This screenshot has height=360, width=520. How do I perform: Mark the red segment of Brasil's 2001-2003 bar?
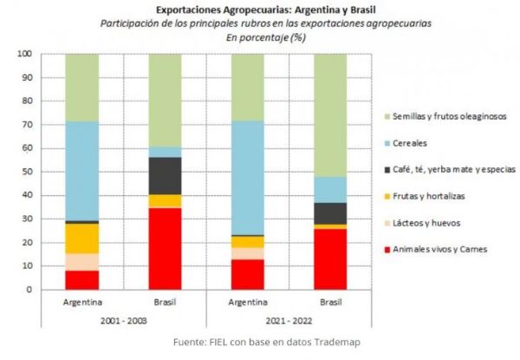click(165, 248)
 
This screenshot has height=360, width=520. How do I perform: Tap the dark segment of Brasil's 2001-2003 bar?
click(165, 175)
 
